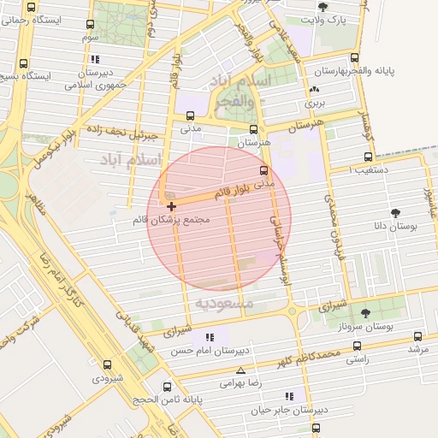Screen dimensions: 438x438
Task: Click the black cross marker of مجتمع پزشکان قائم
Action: coord(172,206)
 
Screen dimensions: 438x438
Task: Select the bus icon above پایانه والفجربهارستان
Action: coord(367,57)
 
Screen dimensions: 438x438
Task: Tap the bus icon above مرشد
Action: coord(417,337)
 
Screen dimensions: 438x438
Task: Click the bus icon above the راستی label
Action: coord(357,346)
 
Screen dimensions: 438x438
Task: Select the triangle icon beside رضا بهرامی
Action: coord(241,371)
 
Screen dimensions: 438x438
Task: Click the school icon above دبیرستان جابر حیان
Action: coord(289,396)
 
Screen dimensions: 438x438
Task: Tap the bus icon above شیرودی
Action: coord(108,364)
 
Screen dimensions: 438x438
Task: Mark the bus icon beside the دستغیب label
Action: coord(369,157)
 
